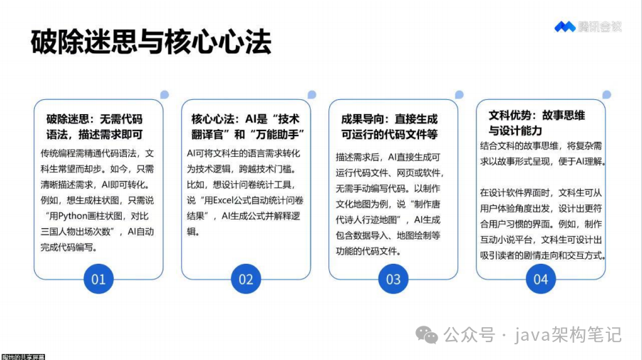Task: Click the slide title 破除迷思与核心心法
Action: point(150,42)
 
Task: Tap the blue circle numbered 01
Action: point(98,279)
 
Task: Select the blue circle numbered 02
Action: point(246,279)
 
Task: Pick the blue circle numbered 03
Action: point(393,279)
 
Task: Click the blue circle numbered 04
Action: point(541,279)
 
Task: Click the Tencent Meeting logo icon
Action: point(564,27)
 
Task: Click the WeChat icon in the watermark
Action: point(426,334)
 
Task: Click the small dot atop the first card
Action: point(165,94)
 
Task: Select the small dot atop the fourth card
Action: point(606,94)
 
